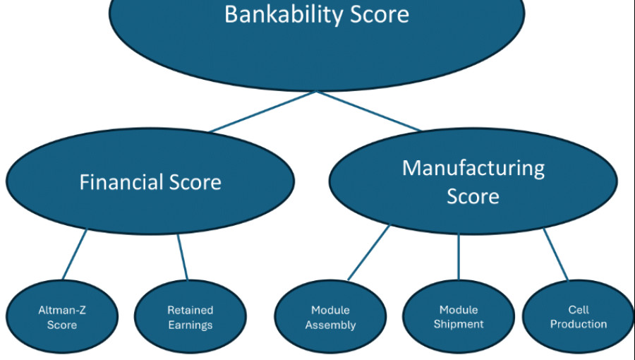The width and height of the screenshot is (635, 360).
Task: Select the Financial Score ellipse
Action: click(x=150, y=181)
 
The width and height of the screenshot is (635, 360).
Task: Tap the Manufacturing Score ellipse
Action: click(x=473, y=182)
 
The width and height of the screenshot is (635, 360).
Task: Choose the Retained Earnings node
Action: click(x=190, y=317)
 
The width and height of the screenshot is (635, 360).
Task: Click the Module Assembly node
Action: click(x=330, y=317)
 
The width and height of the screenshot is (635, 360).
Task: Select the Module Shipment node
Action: click(x=459, y=317)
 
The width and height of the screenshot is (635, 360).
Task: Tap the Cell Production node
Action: click(x=578, y=317)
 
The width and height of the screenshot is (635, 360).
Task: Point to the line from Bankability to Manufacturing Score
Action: click(x=368, y=112)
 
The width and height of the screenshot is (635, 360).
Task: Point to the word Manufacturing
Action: click(x=473, y=168)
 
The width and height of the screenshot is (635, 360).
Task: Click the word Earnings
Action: click(x=190, y=325)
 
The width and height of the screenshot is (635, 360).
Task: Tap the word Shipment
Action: click(x=459, y=325)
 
